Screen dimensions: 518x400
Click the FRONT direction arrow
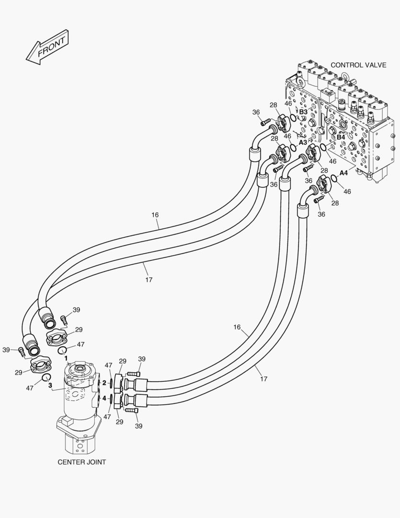tap(46, 47)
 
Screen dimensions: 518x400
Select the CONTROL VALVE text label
tap(358, 65)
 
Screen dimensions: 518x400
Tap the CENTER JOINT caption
tap(81, 462)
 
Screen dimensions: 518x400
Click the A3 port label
tap(303, 142)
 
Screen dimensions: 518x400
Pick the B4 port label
tap(341, 137)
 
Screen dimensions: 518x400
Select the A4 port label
tap(343, 173)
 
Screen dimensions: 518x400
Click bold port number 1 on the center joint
tap(66, 358)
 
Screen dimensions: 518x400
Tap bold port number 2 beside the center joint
tap(104, 383)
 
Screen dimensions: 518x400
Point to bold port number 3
tap(50, 371)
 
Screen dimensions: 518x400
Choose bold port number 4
tap(104, 398)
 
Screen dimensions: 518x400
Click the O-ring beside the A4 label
tap(334, 179)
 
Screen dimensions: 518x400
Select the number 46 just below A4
tap(347, 191)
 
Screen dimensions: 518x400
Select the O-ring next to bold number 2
tap(112, 383)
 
